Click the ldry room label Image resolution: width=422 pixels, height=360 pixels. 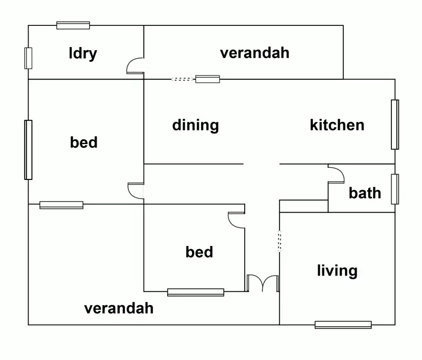pyautogui.click(x=83, y=53)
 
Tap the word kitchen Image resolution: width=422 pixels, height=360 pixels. pyautogui.click(x=337, y=125)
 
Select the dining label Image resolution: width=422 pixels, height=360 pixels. pyautogui.click(x=195, y=126)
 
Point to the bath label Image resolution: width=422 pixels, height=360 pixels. pyautogui.click(x=365, y=193)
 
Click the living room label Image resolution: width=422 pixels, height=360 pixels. pyautogui.click(x=337, y=271)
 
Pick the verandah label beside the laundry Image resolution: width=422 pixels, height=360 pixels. pyautogui.click(x=255, y=53)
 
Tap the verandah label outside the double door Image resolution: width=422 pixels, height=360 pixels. pyautogui.click(x=119, y=308)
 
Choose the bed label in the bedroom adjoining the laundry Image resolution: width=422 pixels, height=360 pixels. pyautogui.click(x=84, y=142)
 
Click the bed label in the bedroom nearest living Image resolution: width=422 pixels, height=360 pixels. pyautogui.click(x=199, y=252)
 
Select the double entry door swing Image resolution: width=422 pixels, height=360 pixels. pyautogui.click(x=263, y=283)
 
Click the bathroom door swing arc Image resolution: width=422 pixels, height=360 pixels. pyautogui.click(x=336, y=174)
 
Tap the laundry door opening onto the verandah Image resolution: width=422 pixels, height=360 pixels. pyautogui.click(x=136, y=65)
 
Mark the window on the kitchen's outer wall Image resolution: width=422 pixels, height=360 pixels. pyautogui.click(x=394, y=125)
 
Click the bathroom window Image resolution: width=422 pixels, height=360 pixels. pyautogui.click(x=394, y=188)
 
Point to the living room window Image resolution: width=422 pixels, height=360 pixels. pyautogui.click(x=343, y=325)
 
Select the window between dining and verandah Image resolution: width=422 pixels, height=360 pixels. pyautogui.click(x=207, y=79)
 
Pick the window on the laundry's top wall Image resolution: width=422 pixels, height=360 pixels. pyautogui.click(x=73, y=25)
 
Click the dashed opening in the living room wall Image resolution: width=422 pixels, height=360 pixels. pyautogui.click(x=280, y=241)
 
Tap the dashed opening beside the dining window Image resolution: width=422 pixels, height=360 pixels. pyautogui.click(x=183, y=79)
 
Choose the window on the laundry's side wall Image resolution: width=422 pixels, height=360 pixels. pyautogui.click(x=28, y=58)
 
